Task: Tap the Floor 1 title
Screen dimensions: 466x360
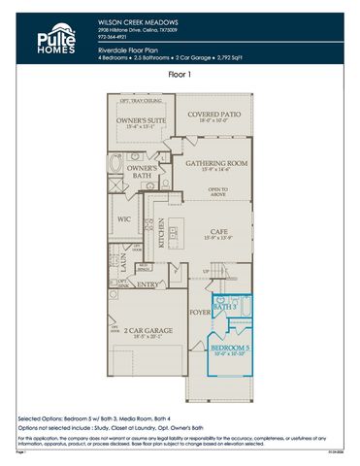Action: [180, 73]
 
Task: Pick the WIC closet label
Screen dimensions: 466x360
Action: [124, 219]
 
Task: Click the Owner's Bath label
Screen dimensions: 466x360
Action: [144, 171]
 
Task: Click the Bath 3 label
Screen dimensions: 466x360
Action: [225, 307]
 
